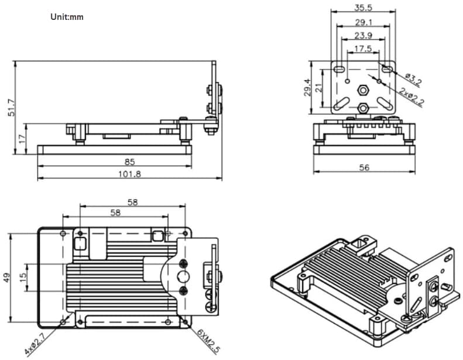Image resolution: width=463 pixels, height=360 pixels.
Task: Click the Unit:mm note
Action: [x=67, y=16]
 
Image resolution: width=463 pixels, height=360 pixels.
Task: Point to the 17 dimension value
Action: [x=22, y=139]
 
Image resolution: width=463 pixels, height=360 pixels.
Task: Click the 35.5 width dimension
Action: [x=363, y=8]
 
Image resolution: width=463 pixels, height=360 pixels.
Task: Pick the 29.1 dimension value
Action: [x=363, y=22]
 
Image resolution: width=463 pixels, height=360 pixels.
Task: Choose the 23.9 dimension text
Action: [x=363, y=36]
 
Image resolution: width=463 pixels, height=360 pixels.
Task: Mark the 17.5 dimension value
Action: [x=363, y=49]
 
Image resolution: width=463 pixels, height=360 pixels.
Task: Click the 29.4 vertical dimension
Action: [x=307, y=88]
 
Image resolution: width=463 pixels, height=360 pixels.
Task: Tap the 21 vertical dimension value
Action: [x=319, y=88]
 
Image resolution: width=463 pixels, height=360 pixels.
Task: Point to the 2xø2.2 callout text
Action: [x=411, y=95]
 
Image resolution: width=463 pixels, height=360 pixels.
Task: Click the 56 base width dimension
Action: [x=364, y=167]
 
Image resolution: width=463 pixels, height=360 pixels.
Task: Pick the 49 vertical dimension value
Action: [x=6, y=277]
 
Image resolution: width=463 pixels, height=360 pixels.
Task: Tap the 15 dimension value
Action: [x=22, y=276]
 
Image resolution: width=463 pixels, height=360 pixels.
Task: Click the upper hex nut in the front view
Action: [x=363, y=90]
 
